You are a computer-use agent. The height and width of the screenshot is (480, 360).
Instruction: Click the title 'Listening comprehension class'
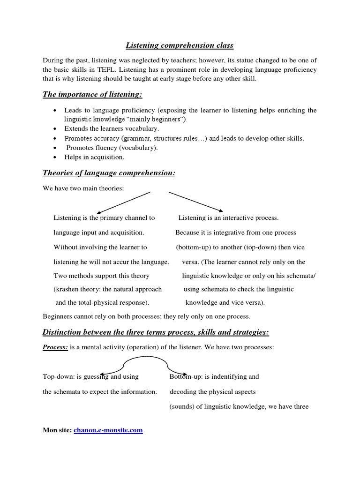(180, 45)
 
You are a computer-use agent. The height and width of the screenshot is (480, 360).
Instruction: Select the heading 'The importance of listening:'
(92, 95)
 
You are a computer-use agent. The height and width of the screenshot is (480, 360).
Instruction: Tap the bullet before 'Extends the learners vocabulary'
(55, 128)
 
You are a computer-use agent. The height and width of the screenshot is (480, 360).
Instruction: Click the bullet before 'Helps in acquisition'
(55, 157)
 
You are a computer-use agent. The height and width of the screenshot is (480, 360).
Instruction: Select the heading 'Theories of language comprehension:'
(109, 173)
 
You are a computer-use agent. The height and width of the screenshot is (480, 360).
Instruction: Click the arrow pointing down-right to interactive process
(196, 202)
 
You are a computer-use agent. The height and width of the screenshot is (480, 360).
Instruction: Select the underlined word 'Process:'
(56, 347)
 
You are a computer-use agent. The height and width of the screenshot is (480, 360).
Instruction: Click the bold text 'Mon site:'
(57, 430)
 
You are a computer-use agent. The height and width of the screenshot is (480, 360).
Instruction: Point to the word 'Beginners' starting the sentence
(58, 316)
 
